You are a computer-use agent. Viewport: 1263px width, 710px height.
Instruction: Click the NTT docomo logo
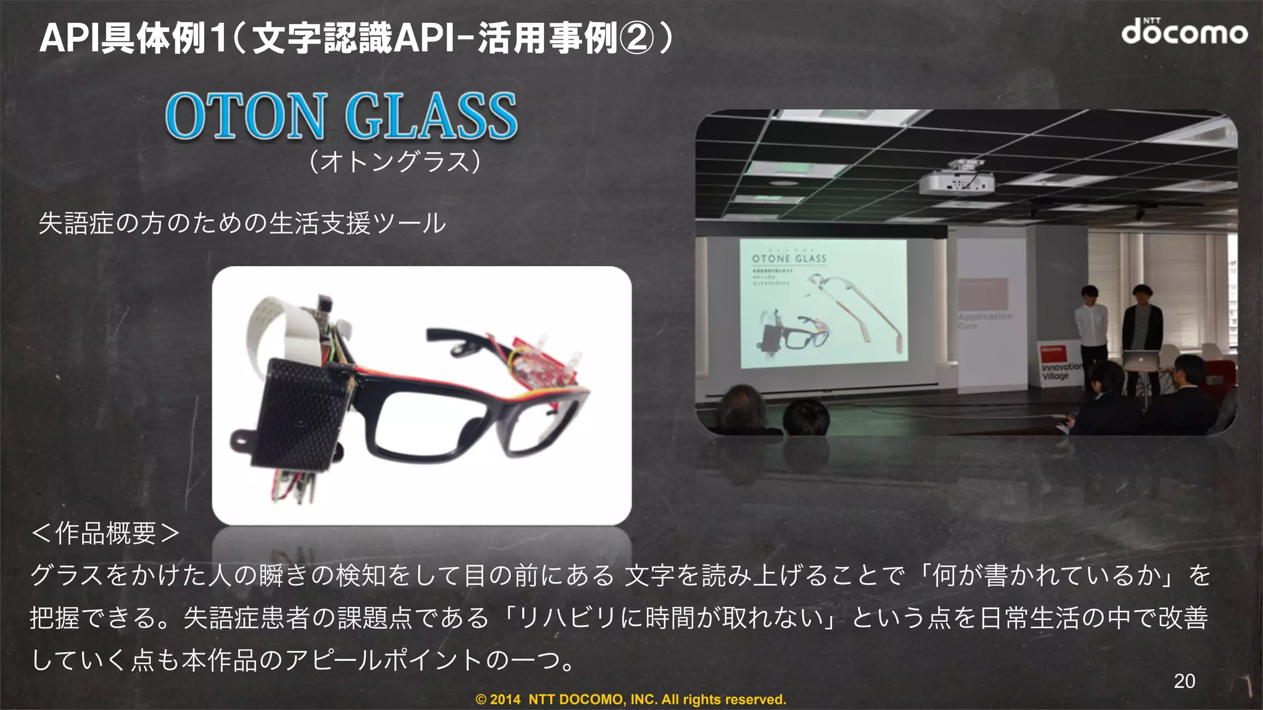pyautogui.click(x=1184, y=32)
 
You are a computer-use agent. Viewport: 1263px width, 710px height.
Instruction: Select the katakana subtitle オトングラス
pyautogui.click(x=395, y=162)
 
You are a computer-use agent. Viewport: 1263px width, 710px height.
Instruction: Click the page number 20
pyautogui.click(x=1184, y=680)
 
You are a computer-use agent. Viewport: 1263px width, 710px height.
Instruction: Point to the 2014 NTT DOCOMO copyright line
pyautogui.click(x=630, y=700)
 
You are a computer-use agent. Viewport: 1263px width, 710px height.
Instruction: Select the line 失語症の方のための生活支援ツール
pyautogui.click(x=242, y=223)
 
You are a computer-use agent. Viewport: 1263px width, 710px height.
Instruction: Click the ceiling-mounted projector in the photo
pyautogui.click(x=956, y=181)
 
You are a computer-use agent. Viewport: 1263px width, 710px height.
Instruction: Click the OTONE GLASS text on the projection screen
pyautogui.click(x=789, y=259)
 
